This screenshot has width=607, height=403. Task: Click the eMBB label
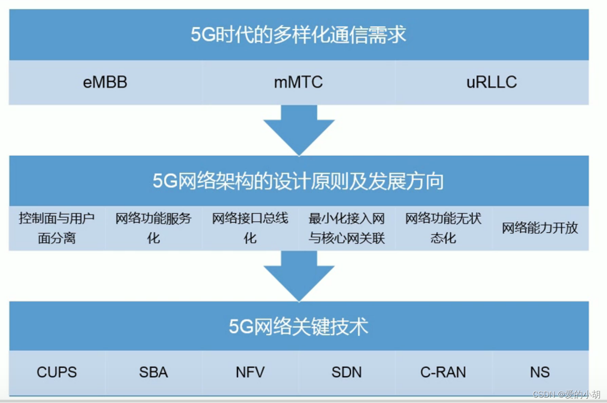(105, 82)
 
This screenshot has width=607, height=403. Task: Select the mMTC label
(298, 82)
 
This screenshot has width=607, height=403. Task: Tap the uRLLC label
(491, 82)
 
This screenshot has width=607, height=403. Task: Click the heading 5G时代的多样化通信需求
(298, 35)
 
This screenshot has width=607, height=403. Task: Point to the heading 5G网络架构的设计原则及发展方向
(298, 181)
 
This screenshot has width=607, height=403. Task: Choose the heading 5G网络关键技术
(298, 327)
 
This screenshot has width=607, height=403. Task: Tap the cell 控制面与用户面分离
(57, 228)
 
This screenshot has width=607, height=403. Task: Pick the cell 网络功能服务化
(153, 228)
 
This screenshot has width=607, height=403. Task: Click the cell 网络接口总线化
(250, 228)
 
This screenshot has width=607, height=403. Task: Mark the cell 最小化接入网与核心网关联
(346, 228)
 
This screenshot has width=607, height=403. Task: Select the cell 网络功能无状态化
(443, 228)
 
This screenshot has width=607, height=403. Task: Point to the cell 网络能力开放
(540, 228)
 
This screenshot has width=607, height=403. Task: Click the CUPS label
(57, 372)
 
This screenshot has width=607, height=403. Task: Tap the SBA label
(153, 372)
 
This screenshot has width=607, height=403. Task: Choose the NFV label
(250, 372)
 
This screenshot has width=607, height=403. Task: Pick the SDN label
(346, 372)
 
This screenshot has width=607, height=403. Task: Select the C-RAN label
(443, 372)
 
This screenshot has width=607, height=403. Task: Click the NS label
(540, 372)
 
